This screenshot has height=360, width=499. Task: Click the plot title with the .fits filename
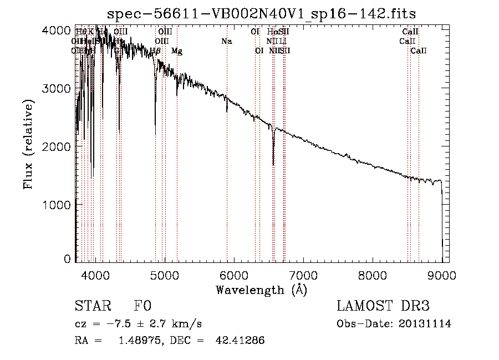pos(261,13)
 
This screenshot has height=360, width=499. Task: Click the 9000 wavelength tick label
pos(442,275)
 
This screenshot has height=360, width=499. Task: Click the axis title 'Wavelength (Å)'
pos(261,290)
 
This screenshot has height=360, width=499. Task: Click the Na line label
pos(226,41)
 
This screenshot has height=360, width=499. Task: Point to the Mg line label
pos(177,51)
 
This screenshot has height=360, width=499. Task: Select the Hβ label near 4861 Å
pos(155,51)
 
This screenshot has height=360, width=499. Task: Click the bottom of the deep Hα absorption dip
pos(273,164)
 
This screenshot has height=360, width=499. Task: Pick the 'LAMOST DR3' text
pos(383,306)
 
